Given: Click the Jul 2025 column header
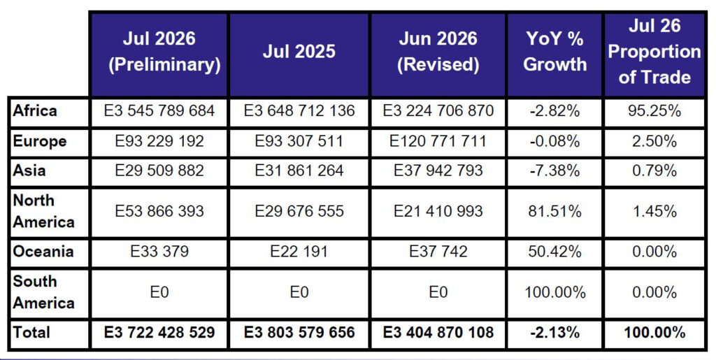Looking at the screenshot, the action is pyautogui.click(x=299, y=52).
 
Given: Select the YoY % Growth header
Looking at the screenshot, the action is pyautogui.click(x=554, y=52).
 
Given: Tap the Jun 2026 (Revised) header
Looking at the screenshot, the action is pyautogui.click(x=438, y=52).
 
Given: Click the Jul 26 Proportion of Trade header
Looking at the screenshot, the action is pyautogui.click(x=654, y=52).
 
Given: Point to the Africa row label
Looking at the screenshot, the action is pyautogui.click(x=35, y=111).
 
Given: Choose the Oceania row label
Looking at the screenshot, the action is pyautogui.click(x=43, y=252).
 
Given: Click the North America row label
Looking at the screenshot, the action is pyautogui.click(x=43, y=211).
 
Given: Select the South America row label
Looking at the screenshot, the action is pyautogui.click(x=43, y=292).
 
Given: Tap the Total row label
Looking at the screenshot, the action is pyautogui.click(x=31, y=332).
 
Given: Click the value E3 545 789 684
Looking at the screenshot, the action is pyautogui.click(x=159, y=111).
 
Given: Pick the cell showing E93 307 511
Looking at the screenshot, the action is pyautogui.click(x=299, y=141).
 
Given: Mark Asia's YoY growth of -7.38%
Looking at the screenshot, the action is pyautogui.click(x=554, y=171).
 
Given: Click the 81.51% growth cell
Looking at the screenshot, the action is pyautogui.click(x=554, y=211).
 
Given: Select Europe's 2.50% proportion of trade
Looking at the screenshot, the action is pyautogui.click(x=654, y=141).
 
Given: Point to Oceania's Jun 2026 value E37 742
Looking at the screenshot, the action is pyautogui.click(x=438, y=252).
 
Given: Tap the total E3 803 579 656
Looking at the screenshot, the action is pyautogui.click(x=299, y=332).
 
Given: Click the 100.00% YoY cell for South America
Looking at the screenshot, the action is pyautogui.click(x=554, y=292).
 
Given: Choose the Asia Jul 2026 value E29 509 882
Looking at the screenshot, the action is pyautogui.click(x=159, y=171).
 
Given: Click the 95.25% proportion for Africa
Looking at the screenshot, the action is pyautogui.click(x=654, y=111).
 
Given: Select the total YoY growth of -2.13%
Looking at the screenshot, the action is pyautogui.click(x=554, y=332).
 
